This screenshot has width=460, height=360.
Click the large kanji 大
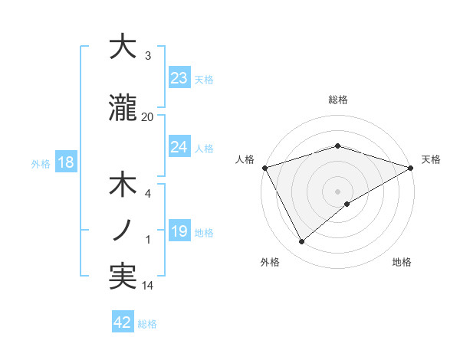coord(123,47)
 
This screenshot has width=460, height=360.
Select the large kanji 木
coord(123,186)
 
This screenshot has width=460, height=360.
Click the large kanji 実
coord(123,277)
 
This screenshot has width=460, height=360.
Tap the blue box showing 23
coord(179,78)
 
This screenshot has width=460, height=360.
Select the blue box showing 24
coord(179,146)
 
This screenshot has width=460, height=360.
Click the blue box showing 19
coord(179,231)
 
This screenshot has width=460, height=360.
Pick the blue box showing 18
coord(65,162)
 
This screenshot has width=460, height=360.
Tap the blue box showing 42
coord(123,322)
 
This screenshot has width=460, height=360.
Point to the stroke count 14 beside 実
coord(148,286)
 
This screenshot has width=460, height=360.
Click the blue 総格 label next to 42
coord(147,324)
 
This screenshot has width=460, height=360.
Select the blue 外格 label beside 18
coord(41,163)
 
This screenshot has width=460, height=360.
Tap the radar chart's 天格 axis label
coord(431,159)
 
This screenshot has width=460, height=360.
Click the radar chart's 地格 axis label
coord(402,263)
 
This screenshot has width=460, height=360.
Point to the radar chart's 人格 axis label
coord(245,159)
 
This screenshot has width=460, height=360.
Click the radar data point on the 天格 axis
coord(411,167)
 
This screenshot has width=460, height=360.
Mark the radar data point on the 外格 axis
coord(302,241)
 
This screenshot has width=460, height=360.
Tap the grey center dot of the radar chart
coord(337,191)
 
